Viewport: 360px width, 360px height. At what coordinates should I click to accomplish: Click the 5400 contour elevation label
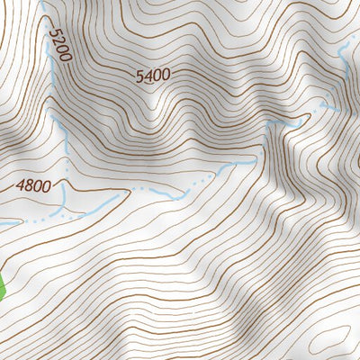coord(153,76)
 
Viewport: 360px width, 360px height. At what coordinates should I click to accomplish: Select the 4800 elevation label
coord(34,187)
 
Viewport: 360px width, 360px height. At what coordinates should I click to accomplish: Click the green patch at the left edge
coord(3,286)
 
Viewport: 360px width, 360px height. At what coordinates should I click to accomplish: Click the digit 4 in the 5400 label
coord(148,76)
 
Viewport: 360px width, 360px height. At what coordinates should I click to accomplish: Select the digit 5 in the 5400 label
coord(139,76)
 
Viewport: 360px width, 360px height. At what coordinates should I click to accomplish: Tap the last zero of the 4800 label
coord(48,186)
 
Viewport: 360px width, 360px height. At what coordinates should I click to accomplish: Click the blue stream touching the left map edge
coord(7,222)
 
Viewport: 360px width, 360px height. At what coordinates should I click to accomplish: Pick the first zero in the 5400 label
coord(157,76)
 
